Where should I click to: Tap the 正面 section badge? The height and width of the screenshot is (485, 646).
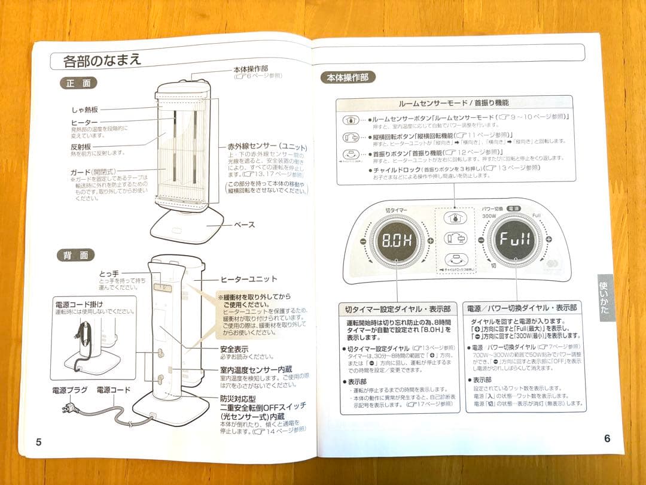pyautogui.click(x=78, y=84)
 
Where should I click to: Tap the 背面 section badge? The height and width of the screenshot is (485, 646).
pyautogui.click(x=76, y=256)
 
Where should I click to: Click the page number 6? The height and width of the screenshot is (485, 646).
pyautogui.click(x=607, y=438)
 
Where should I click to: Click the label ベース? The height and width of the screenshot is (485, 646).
pyautogui.click(x=244, y=225)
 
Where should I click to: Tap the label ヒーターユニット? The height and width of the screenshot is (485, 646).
pyautogui.click(x=249, y=279)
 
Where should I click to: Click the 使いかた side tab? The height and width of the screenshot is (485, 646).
pyautogui.click(x=605, y=298)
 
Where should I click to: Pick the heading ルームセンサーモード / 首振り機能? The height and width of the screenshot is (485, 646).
pyautogui.click(x=453, y=103)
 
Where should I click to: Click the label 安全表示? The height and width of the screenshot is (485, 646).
pyautogui.click(x=234, y=348)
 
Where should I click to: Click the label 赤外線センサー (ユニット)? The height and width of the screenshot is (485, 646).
pyautogui.click(x=267, y=146)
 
